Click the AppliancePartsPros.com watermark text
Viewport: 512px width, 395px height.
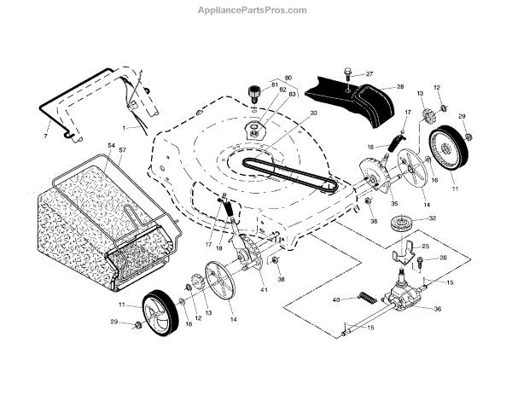coord(256,10)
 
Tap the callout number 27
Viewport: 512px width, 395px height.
coord(369,74)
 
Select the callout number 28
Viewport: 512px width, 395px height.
coord(399,87)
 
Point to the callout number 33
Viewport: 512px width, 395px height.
coord(290,113)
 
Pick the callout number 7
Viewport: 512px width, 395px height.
coord(45,136)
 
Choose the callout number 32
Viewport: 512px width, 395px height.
coord(433,219)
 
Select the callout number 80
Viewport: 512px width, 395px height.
coord(264,78)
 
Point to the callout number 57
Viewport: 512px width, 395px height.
coord(122,152)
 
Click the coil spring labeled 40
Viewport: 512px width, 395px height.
coord(364,298)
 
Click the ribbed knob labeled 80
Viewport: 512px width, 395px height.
coord(253,91)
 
